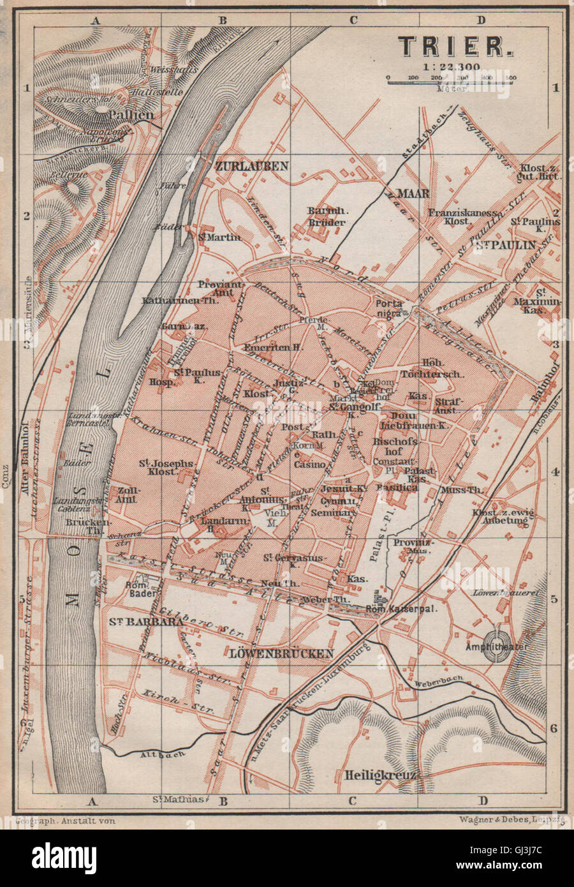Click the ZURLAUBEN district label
[253, 166]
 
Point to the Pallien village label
[131, 115]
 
